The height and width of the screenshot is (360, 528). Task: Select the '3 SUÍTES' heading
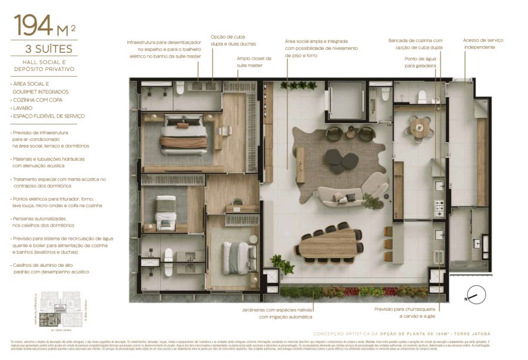[44, 49]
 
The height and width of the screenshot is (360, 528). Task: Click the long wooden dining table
[329, 243]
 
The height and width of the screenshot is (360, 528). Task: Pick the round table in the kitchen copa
[420, 127]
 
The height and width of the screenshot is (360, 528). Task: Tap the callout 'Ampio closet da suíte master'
[254, 62]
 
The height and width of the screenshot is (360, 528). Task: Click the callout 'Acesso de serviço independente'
[483, 43]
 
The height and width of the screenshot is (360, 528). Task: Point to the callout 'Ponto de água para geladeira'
[420, 62]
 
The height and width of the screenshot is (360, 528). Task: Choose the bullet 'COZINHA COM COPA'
[38, 100]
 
